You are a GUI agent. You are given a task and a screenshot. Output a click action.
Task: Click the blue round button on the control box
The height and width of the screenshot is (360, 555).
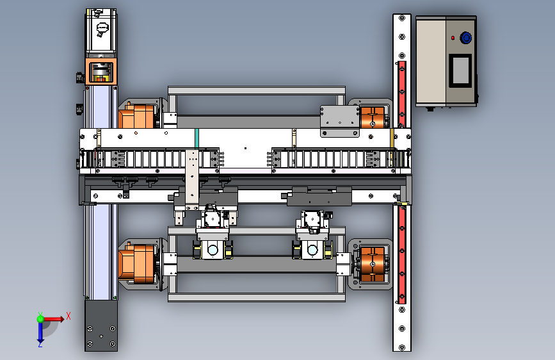click(x=466, y=38)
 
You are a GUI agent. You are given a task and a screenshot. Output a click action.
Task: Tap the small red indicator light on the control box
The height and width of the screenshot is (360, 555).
click(x=453, y=38)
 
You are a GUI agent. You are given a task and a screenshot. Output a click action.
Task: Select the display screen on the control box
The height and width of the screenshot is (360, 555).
click(x=460, y=70)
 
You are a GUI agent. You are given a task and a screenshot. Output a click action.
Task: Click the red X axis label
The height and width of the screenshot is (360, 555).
click(x=68, y=316)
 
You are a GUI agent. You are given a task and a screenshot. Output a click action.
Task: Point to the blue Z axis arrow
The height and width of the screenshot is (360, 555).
click(x=40, y=332)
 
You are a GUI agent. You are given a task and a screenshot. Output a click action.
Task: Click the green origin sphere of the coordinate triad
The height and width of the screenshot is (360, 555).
click(x=40, y=319)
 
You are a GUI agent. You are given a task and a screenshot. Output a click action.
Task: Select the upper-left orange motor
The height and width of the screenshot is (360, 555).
click(x=138, y=115)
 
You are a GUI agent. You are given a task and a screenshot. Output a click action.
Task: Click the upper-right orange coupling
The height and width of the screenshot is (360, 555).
click(x=373, y=117)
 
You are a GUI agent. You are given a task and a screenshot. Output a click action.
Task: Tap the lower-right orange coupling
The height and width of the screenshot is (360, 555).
click(x=373, y=265)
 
